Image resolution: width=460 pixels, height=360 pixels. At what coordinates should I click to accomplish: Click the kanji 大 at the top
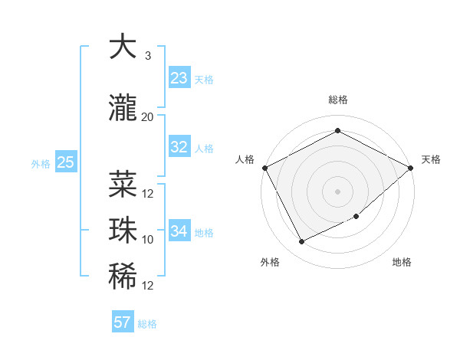(x=123, y=48)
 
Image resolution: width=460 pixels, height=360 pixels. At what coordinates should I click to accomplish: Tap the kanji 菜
(x=123, y=184)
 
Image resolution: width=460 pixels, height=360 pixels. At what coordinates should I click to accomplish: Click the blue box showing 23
(x=179, y=78)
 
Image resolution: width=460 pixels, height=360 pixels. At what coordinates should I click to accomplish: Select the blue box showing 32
(x=179, y=147)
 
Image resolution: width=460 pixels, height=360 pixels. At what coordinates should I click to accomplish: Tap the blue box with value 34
(x=179, y=231)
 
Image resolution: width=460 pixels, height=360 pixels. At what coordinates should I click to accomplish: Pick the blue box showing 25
(x=65, y=162)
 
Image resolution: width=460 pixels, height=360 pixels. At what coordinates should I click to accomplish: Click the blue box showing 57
(x=122, y=322)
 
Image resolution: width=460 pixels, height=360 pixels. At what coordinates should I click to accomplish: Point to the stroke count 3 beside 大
(x=147, y=56)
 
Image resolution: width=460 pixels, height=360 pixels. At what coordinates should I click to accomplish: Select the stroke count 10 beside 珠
(x=148, y=240)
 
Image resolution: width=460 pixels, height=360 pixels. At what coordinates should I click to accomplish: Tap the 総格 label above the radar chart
(x=337, y=100)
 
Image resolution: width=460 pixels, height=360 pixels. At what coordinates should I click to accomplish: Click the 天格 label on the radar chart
(x=431, y=159)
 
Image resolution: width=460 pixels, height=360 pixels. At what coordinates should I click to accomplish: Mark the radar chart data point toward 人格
(x=264, y=167)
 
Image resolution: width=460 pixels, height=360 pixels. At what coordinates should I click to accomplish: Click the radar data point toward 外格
(x=301, y=242)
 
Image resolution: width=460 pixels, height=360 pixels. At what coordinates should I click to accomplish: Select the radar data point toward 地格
(x=356, y=217)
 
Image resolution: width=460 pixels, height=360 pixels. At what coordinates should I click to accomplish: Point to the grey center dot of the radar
(x=337, y=191)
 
